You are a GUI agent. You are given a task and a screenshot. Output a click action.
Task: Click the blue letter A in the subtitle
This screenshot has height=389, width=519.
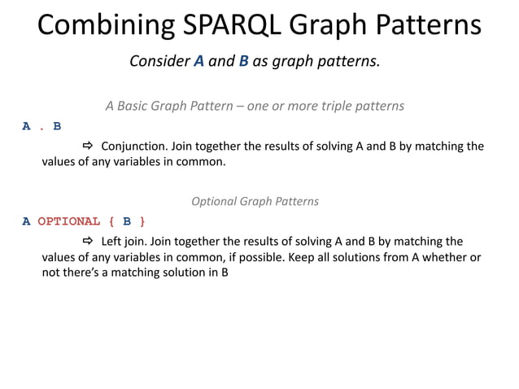pos(198,62)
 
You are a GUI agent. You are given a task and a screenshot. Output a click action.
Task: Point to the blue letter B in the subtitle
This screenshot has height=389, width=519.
pos(243,62)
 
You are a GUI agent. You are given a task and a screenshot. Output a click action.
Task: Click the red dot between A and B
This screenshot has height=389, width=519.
pos(42,127)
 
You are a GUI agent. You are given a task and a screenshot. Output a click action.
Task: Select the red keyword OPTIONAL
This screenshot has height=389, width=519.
pos(69,221)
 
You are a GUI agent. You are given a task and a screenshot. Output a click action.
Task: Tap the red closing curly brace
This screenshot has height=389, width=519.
pos(142,221)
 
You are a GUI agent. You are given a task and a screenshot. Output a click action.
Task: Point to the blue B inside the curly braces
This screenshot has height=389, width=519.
pos(127,221)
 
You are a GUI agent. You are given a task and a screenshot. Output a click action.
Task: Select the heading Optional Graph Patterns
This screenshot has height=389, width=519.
pos(255,201)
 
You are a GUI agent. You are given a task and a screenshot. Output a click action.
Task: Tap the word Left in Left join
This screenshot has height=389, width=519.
pos(112,242)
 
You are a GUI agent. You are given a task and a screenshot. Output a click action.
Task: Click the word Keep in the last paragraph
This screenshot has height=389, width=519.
pos(317,258)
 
